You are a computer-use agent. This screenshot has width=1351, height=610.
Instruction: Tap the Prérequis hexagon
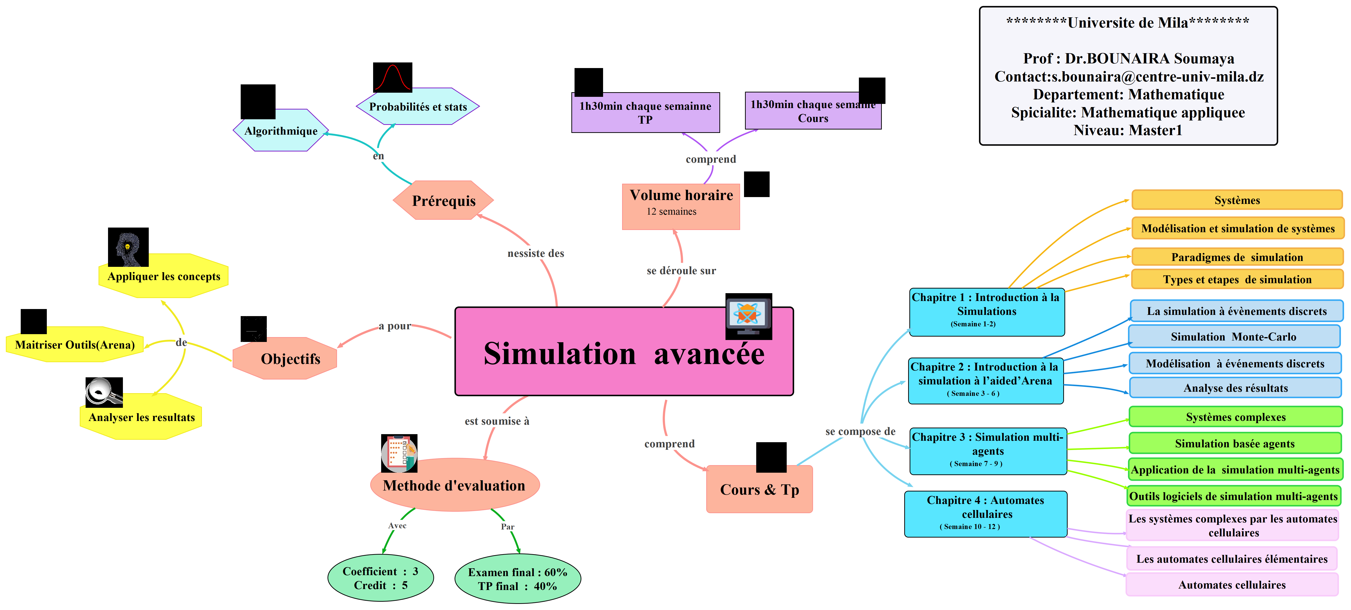tap(443, 200)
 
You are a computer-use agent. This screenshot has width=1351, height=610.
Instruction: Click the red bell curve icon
tap(392, 78)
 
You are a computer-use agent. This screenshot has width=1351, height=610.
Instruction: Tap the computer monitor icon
tap(748, 316)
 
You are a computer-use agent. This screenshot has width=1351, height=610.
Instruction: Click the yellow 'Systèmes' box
tap(1237, 200)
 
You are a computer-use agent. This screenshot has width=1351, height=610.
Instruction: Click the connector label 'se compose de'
tap(860, 431)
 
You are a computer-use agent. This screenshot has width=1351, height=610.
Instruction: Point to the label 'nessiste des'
tap(536, 253)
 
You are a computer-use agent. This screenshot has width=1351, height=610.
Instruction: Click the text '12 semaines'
tap(671, 211)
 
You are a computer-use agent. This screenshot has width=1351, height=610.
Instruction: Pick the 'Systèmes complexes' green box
tap(1236, 417)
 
